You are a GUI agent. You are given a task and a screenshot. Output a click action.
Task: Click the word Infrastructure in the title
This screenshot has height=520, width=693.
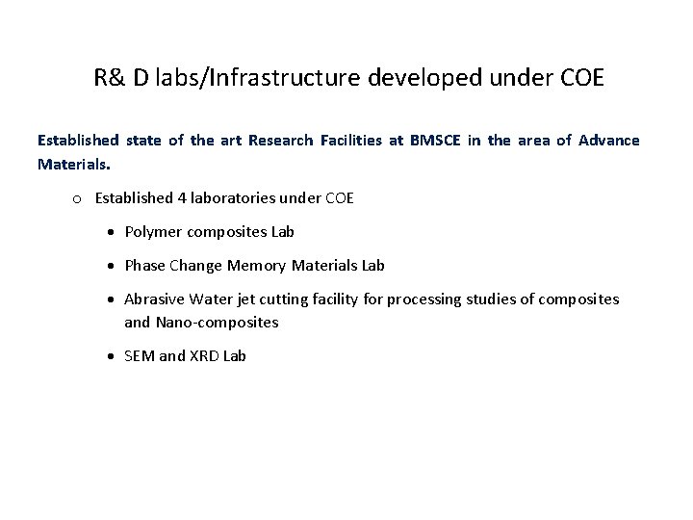(x=261, y=78)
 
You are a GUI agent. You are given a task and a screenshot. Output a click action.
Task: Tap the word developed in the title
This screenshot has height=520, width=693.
(x=423, y=78)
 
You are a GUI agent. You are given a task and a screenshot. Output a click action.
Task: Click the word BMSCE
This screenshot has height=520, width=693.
(x=438, y=141)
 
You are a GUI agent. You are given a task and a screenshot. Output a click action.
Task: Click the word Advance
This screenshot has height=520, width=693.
(x=607, y=141)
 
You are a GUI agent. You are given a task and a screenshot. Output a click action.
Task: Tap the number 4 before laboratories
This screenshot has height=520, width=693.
(x=183, y=198)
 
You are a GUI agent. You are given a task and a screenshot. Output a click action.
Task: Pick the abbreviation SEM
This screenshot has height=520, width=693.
(x=140, y=356)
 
